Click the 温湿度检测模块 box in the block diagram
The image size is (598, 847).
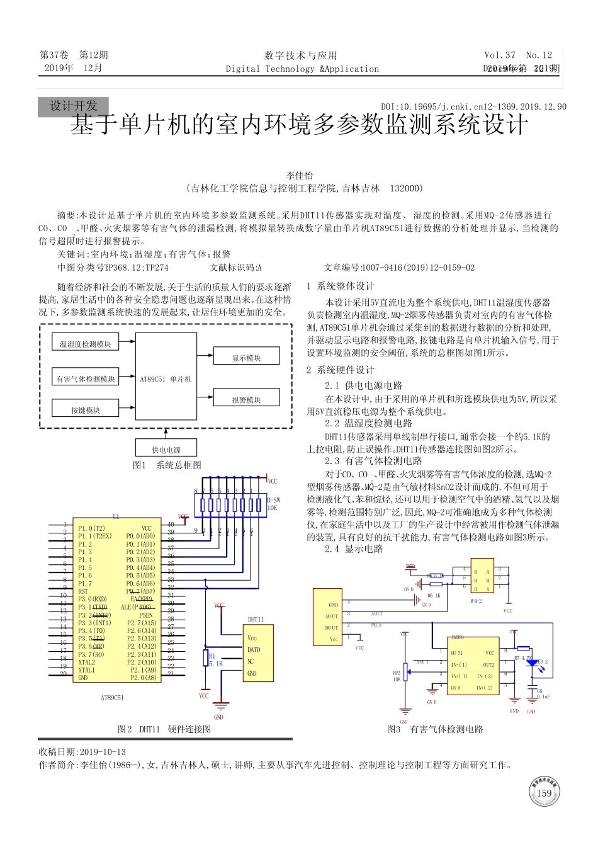tap(85, 344)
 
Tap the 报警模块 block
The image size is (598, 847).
tap(246, 398)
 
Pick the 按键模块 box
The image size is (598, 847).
tap(85, 409)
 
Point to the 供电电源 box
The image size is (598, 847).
tap(166, 448)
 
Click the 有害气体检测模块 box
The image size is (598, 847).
tap(86, 378)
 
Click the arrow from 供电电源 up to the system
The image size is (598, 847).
tap(166, 433)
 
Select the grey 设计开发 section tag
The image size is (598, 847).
tap(73, 106)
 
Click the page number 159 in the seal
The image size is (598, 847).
tap(544, 793)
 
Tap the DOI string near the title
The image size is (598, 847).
tap(473, 107)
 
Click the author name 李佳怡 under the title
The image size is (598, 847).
tap(300, 176)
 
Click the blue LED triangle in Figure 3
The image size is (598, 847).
tap(532, 662)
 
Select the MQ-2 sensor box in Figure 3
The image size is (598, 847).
tap(482, 576)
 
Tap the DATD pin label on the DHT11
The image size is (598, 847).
tap(254, 649)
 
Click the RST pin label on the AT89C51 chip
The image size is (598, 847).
tap(83, 591)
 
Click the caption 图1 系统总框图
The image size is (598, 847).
tap(167, 465)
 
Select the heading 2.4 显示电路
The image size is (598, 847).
tap(354, 549)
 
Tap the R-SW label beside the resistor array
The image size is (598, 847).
tap(273, 500)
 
